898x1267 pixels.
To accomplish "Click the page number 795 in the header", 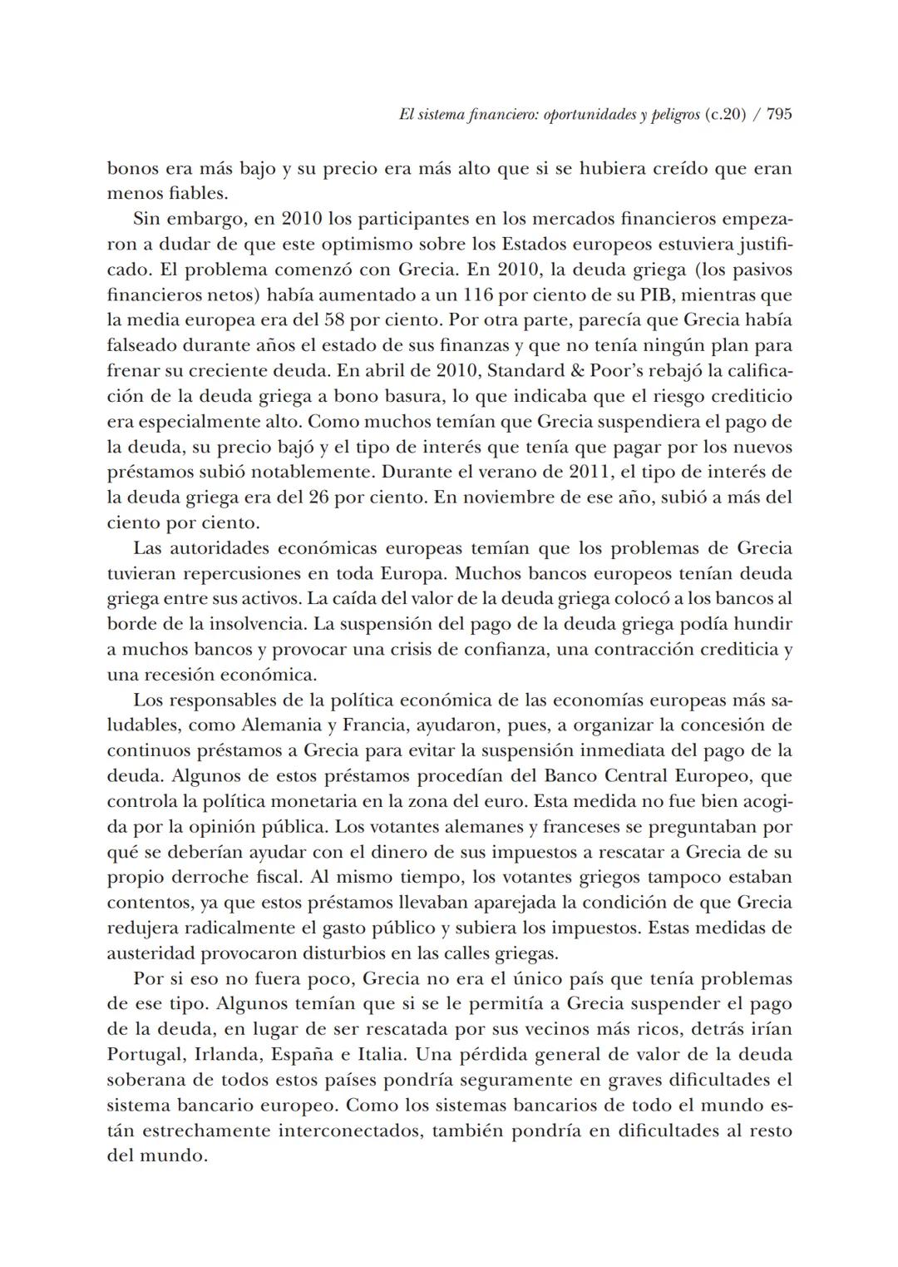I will click(x=778, y=115).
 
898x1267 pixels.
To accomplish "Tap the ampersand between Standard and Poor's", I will click(x=531, y=371).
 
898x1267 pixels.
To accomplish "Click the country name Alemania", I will click(x=280, y=725).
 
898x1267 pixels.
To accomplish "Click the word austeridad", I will click(x=149, y=953).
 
